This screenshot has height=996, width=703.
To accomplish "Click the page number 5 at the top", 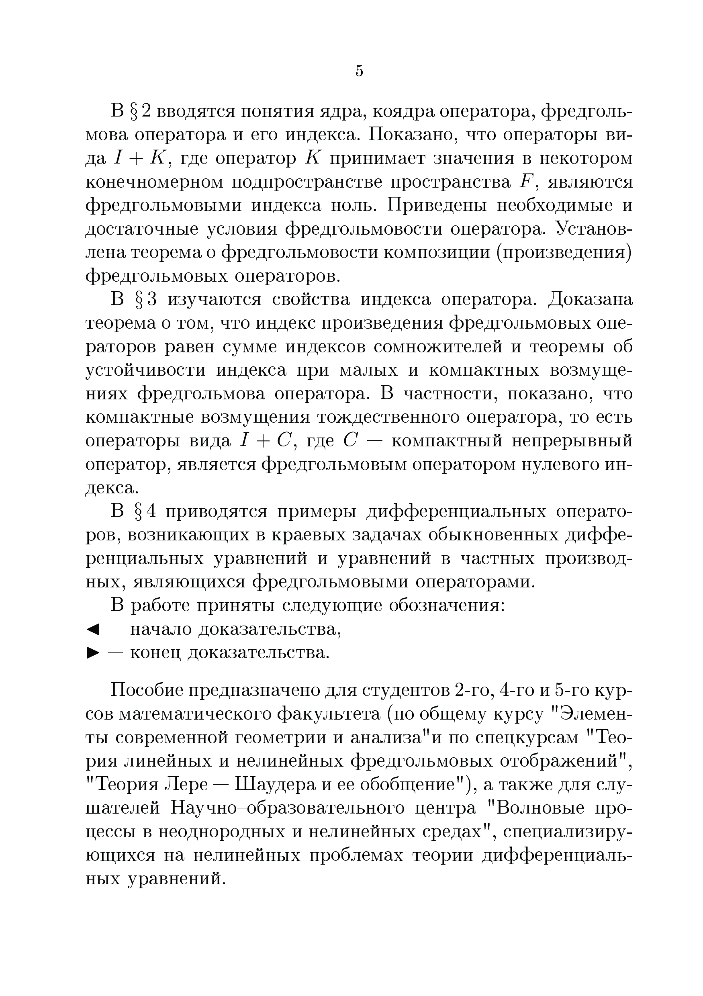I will [x=359, y=71].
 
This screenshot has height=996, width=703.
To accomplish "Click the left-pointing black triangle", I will [x=93, y=630].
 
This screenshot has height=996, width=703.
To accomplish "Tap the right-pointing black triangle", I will [x=93, y=653].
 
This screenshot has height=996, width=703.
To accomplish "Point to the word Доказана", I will [x=590, y=300].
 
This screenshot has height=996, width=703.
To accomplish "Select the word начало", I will [x=160, y=630].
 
